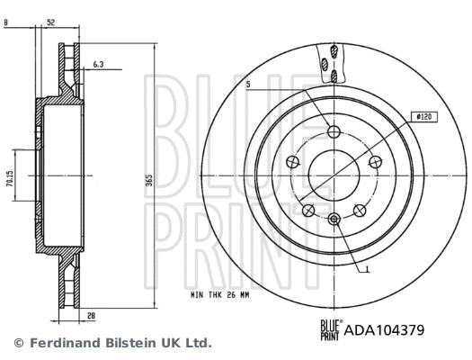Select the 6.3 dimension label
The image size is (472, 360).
click(x=100, y=65)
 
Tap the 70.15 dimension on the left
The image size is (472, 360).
click(x=9, y=179)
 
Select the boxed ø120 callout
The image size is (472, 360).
click(x=422, y=117)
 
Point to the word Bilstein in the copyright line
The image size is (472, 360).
click(x=122, y=343)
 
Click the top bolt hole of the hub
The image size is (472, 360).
click(x=334, y=132)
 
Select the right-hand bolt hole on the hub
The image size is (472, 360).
click(x=374, y=162)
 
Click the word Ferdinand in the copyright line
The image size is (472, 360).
click(x=60, y=343)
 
